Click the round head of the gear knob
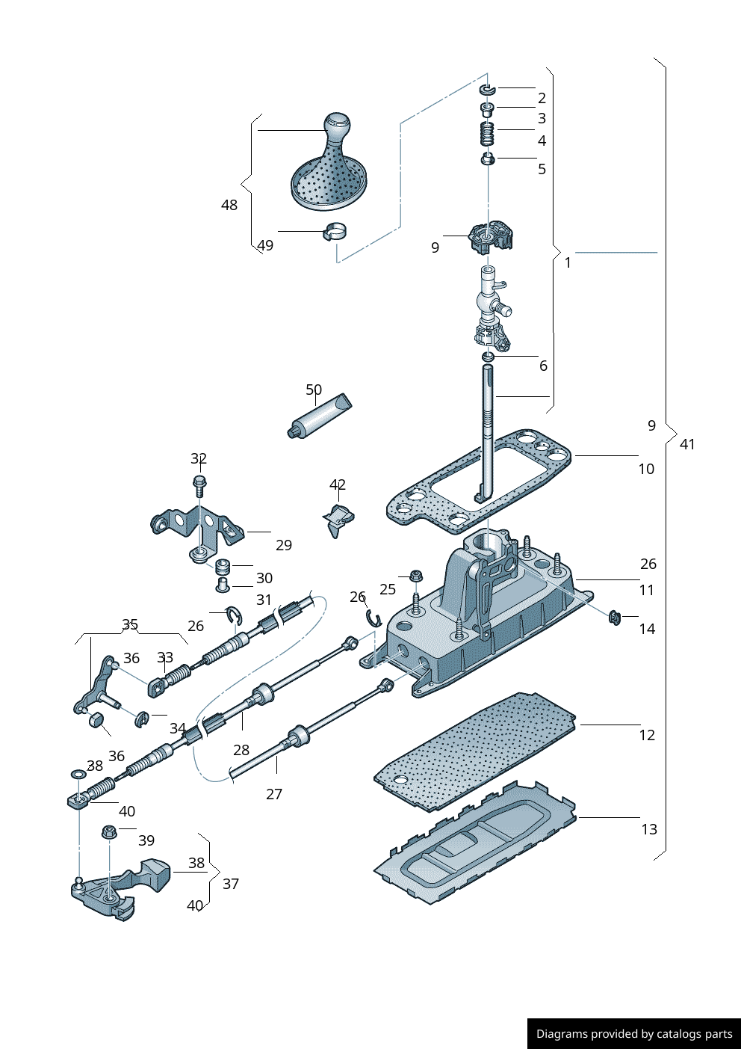point(337,123)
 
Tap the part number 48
point(229,205)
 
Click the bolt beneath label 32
point(199,486)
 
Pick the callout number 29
point(284,545)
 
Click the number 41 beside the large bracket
point(687,444)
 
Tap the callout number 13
point(649,829)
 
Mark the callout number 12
point(647,735)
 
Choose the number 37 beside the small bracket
point(231,884)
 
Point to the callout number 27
point(274,794)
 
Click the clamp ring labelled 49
point(334,233)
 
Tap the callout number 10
point(646,469)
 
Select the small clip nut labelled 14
point(615,618)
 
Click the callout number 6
point(543,366)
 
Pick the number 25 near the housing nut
point(388,589)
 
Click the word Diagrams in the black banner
point(561,1034)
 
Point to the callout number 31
point(264,600)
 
